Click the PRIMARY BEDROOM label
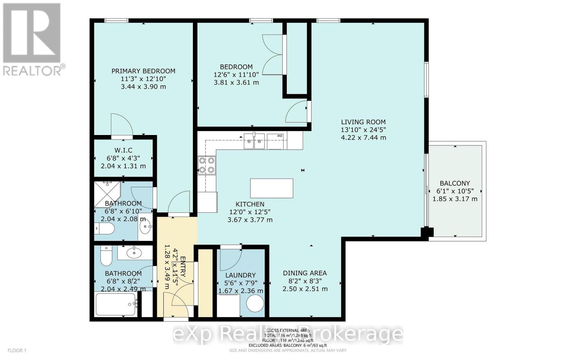click(x=143, y=71)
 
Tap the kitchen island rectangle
click(x=271, y=188)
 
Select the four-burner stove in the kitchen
click(x=207, y=165)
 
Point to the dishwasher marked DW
click(x=276, y=141)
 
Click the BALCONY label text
click(x=455, y=183)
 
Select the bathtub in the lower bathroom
click(x=116, y=305)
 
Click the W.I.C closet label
click(x=123, y=150)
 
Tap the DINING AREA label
click(x=305, y=273)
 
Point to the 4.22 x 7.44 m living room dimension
click(x=363, y=138)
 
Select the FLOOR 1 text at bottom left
click(x=17, y=350)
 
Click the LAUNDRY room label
click(x=240, y=275)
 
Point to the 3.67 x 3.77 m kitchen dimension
click(x=250, y=220)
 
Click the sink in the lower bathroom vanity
click(x=134, y=252)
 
